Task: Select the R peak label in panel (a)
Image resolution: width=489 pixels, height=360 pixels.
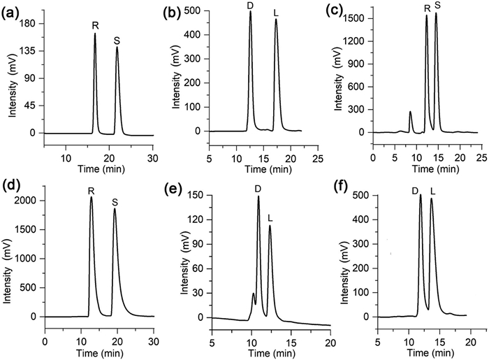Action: (96, 25)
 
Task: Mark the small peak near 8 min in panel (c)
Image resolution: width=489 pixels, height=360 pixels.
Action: (410, 112)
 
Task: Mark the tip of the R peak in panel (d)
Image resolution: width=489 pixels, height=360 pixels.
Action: (91, 197)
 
